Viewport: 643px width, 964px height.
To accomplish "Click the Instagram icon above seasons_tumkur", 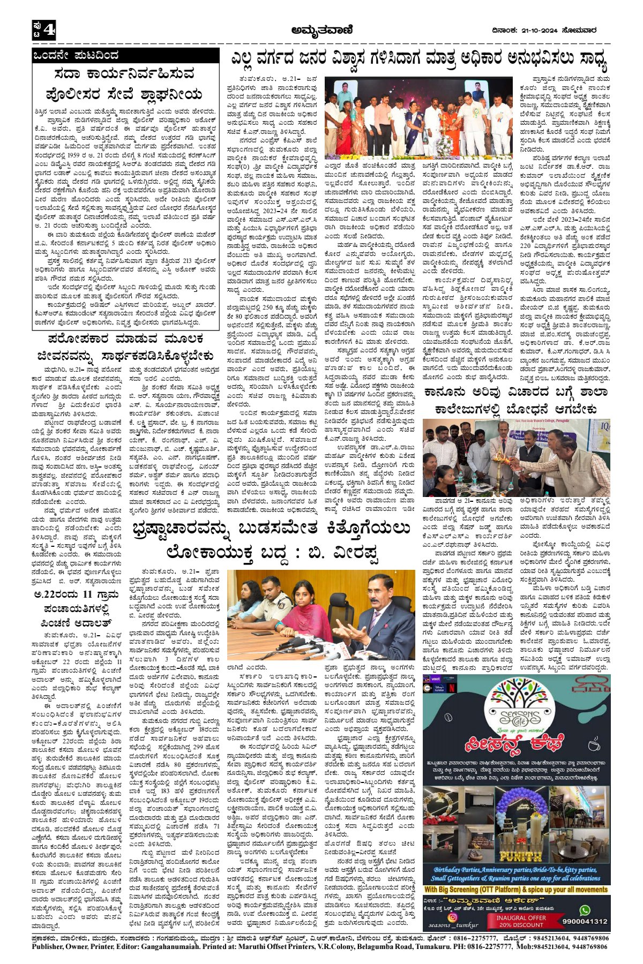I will (452, 917).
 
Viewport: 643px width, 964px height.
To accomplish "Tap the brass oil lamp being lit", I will (501, 460).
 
